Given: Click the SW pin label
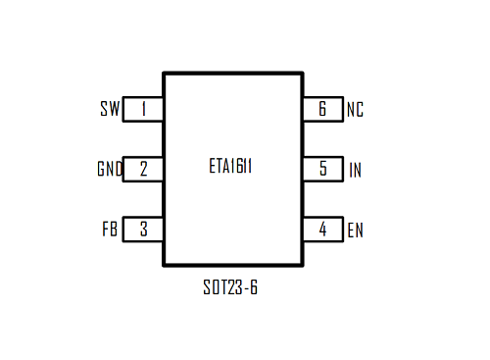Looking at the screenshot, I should (109, 109).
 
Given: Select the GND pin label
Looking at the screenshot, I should (109, 170).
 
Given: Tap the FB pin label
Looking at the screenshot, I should (110, 231).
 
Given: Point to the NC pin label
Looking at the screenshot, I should (355, 109).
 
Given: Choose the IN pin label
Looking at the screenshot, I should (355, 170).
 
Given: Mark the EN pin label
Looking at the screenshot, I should (355, 231).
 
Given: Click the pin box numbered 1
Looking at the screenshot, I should (143, 109).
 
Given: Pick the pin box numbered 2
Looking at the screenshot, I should (143, 170).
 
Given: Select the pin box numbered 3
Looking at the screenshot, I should (143, 231).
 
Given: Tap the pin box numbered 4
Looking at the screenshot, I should (322, 231).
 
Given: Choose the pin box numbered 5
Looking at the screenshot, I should (322, 170).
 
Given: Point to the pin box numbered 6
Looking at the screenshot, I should (322, 109).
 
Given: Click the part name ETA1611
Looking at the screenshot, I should (231, 167).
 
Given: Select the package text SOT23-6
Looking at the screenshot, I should (231, 289).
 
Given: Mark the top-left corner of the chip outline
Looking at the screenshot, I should (164, 73).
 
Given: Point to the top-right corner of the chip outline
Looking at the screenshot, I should (302, 73).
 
